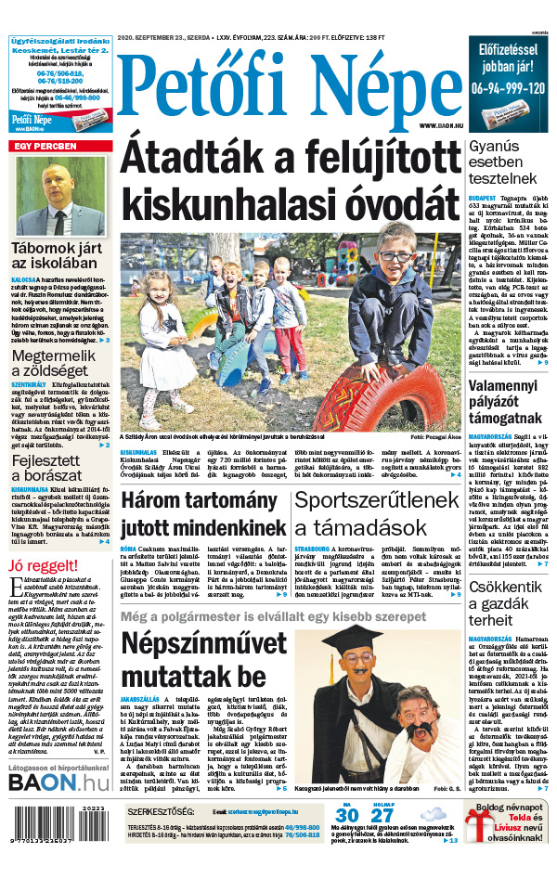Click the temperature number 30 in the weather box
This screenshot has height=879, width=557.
pyautogui.click(x=347, y=818)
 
